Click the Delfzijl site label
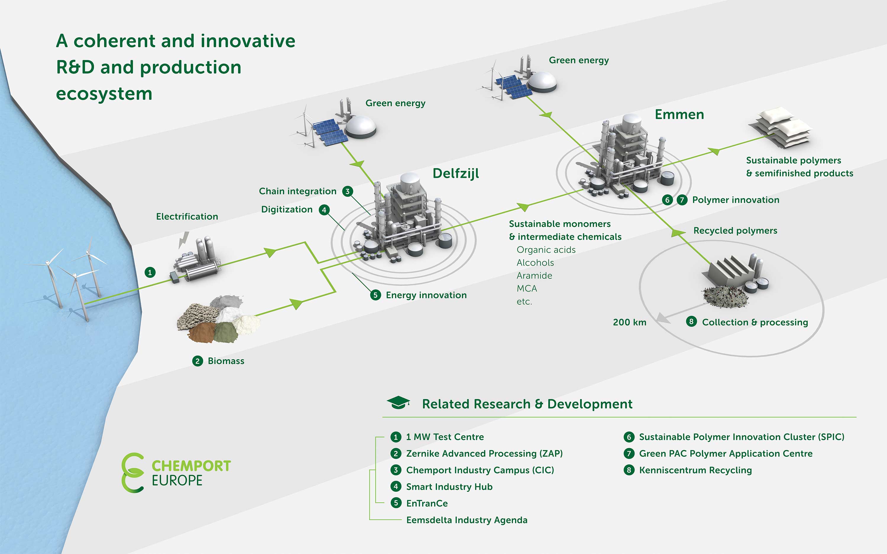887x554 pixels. click(456, 174)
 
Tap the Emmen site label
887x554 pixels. click(679, 115)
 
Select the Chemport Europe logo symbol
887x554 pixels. click(133, 473)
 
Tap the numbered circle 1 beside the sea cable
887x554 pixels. click(150, 272)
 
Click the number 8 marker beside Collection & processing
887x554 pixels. click(691, 322)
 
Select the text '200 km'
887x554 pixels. click(629, 322)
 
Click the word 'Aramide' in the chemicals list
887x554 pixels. click(534, 276)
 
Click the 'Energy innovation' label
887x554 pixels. click(426, 295)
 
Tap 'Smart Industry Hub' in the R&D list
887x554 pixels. click(449, 487)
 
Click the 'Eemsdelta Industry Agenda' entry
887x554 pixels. click(467, 520)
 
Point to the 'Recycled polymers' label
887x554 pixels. click(735, 231)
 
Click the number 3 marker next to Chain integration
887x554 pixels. click(347, 191)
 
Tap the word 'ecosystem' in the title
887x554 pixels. click(104, 94)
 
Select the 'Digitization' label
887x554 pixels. click(287, 209)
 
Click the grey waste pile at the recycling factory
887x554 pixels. click(725, 296)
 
